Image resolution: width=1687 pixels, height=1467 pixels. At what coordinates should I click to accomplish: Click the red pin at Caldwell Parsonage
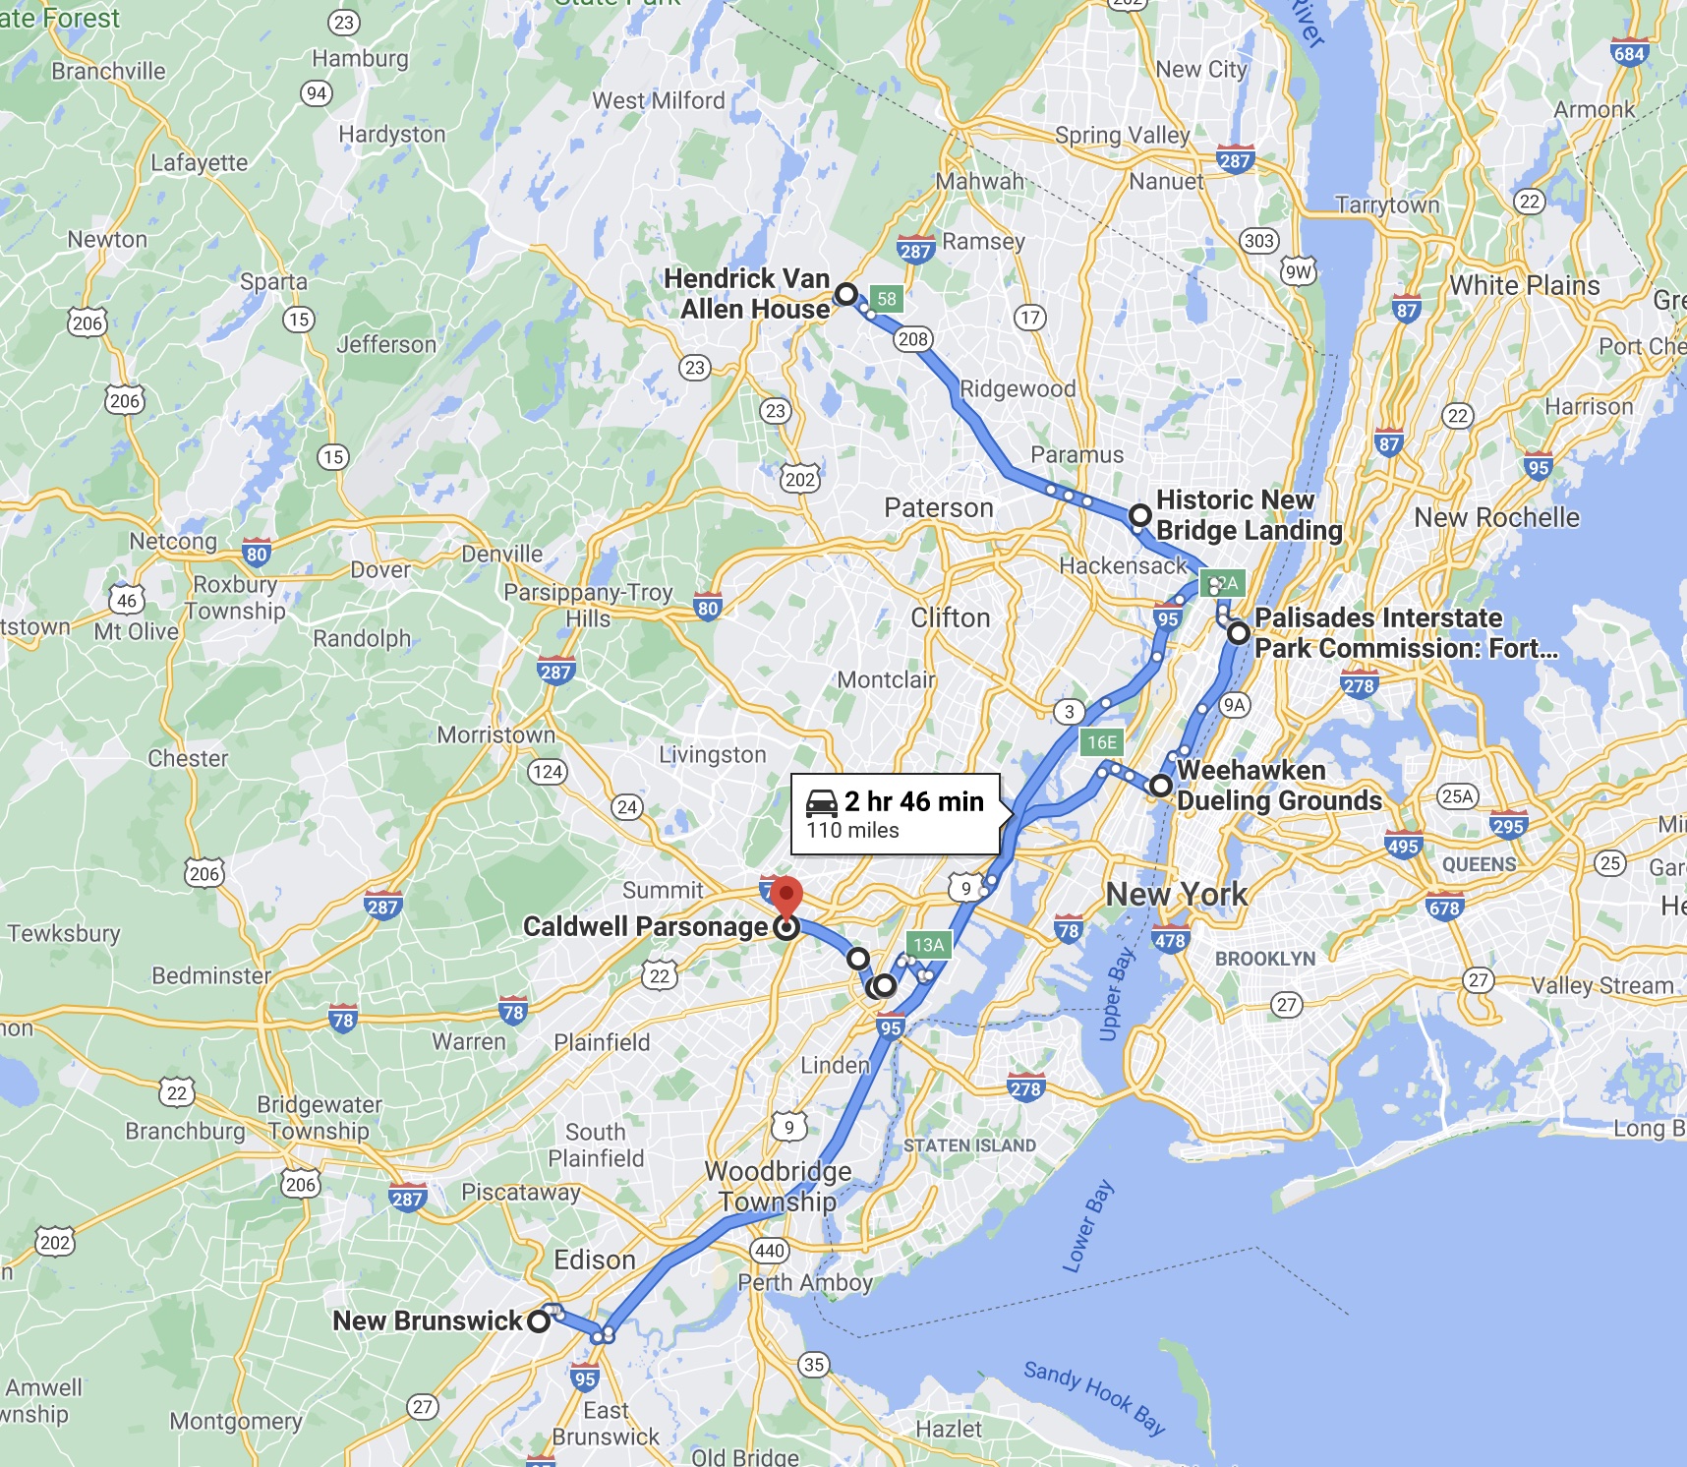pos(785,897)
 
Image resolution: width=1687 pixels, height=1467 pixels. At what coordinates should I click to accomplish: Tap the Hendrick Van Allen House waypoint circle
pos(845,294)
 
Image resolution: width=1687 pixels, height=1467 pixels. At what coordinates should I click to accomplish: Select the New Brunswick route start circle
pos(539,1320)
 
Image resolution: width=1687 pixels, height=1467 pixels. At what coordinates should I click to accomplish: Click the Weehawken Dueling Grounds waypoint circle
pos(1161,786)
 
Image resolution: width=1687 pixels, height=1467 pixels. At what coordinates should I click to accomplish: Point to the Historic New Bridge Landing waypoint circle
pos(1139,515)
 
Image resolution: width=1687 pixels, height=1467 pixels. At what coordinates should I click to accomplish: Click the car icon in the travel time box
pos(822,803)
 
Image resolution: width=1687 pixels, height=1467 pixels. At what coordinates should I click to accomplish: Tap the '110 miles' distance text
pos(852,831)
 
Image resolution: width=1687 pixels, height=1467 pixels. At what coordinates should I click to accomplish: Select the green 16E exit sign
pos(1102,742)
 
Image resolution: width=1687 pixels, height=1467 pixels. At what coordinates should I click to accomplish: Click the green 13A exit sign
pos(928,945)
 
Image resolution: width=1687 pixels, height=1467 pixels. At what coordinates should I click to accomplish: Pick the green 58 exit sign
pos(887,299)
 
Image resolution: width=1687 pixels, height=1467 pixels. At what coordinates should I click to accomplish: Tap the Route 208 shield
pos(912,339)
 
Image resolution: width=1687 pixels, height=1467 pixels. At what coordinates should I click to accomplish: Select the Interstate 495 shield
pos(1403,845)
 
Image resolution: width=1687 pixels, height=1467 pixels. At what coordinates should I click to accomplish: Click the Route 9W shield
pos(1298,272)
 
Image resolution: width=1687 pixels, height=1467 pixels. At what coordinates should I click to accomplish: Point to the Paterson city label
pos(939,507)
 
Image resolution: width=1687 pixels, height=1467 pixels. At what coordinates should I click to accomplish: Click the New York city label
pos(1176,894)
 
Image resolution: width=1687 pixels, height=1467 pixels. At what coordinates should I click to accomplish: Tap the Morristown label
pos(495,734)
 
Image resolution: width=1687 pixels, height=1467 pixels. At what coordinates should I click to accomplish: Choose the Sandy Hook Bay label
pos(1094,1397)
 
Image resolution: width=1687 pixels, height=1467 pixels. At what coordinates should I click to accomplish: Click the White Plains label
pos(1524,285)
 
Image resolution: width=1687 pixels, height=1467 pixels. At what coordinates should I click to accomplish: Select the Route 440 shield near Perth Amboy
pos(769,1251)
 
